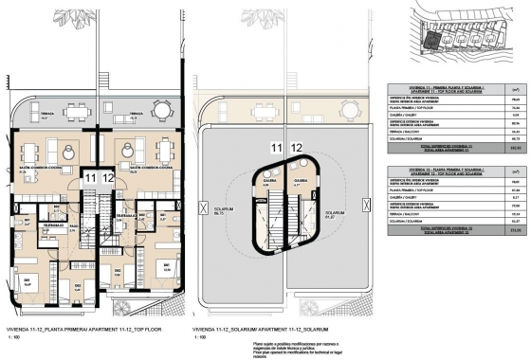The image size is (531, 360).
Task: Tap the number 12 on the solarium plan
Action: (296, 148)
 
